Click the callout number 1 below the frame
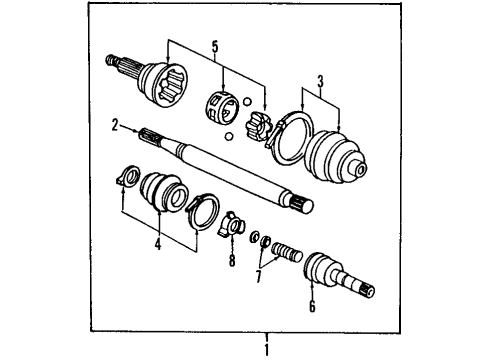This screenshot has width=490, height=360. coord(266,349)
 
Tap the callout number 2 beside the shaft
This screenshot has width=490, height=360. coord(115,126)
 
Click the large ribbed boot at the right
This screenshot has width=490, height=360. coord(339,159)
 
